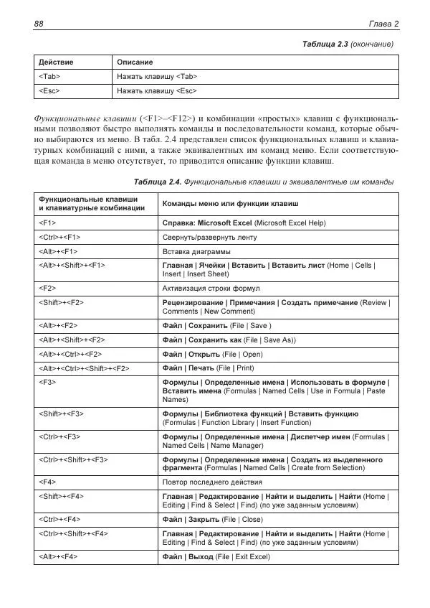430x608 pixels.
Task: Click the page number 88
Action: (x=39, y=24)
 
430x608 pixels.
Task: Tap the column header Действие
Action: (x=56, y=62)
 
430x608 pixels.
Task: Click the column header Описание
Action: (x=134, y=62)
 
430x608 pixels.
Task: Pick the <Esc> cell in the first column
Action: (x=49, y=91)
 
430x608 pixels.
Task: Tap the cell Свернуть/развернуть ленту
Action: (x=209, y=237)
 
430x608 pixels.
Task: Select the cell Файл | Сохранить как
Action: (x=229, y=340)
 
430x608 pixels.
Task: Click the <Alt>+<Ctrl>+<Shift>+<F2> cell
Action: (x=84, y=368)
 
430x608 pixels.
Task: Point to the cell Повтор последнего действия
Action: (x=212, y=482)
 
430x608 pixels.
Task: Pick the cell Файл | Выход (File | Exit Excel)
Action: (x=216, y=556)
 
